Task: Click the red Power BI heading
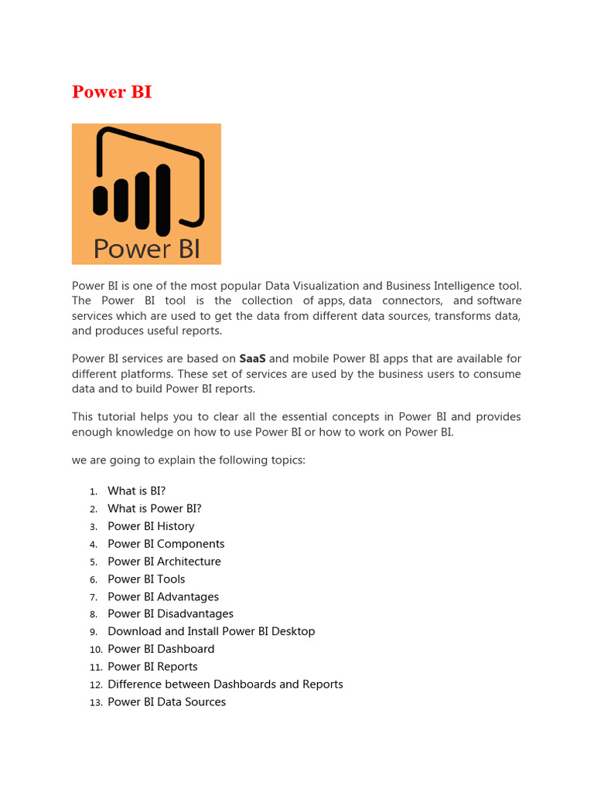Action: click(111, 92)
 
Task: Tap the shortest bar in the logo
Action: click(101, 200)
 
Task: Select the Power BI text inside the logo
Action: click(146, 249)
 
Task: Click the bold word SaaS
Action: click(252, 358)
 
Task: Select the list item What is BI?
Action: click(136, 491)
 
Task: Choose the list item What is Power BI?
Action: click(154, 509)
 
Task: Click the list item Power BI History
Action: click(151, 526)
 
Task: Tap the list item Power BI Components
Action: click(166, 544)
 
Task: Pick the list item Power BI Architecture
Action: click(164, 562)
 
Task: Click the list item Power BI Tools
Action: click(146, 579)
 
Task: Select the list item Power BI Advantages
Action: click(162, 597)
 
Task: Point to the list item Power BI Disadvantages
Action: click(170, 614)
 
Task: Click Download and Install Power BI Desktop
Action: click(211, 632)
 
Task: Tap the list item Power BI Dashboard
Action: click(161, 650)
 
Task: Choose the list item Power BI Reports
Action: click(152, 667)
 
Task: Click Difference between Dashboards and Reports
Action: click(225, 684)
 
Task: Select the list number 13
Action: click(95, 703)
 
